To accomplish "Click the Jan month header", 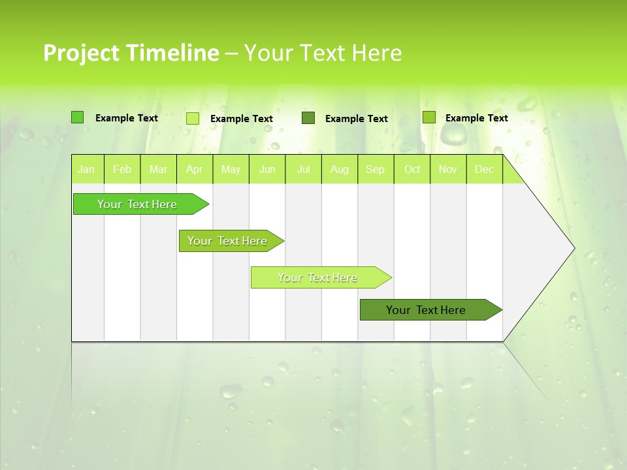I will pos(86,169).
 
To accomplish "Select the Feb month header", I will pos(122,169).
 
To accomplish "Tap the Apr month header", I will pos(195,169).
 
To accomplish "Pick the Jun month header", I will pos(267,169).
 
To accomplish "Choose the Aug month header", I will pos(340,169).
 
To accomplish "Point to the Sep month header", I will pos(376,169).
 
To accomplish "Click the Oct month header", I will pos(412,169).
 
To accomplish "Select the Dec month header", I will pos(485,169).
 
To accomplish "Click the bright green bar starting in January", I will pos(138,204).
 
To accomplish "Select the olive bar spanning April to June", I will pos(228,241).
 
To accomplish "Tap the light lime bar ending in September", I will pos(318,277).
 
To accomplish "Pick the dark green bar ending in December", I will pos(426,310).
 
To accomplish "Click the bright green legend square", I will pos(77,117).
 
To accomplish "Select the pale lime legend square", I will pos(193,118).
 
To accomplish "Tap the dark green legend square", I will pos(308,118).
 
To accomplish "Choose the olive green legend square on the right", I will pos(428,117).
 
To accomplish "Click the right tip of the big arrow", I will pos(573,248).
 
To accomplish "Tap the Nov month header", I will pos(448,169).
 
